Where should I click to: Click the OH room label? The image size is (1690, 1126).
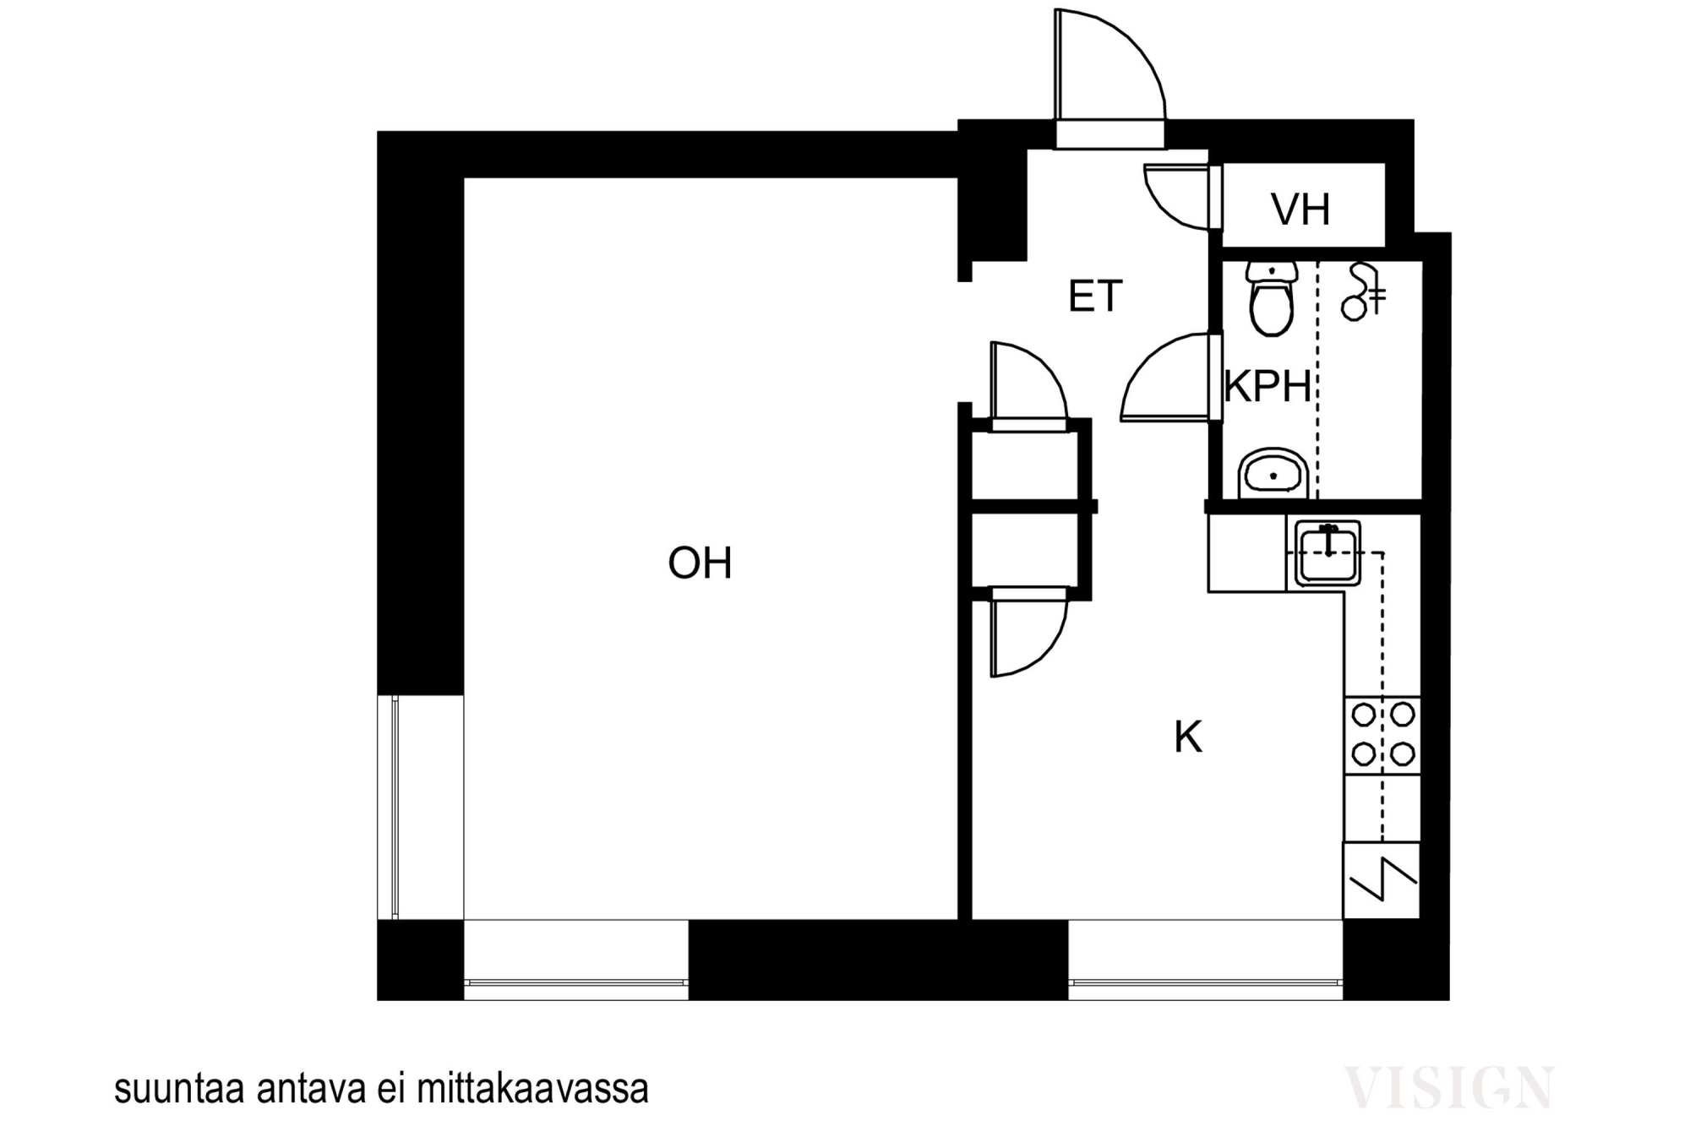tap(700, 563)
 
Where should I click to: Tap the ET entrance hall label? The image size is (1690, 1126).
tap(1095, 296)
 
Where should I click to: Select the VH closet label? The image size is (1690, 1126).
tap(1301, 209)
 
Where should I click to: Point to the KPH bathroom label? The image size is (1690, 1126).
tap(1267, 387)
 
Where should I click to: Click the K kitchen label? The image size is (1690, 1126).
tap(1188, 737)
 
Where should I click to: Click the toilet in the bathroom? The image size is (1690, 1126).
tap(1272, 298)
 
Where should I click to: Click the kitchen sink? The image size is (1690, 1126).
tap(1328, 553)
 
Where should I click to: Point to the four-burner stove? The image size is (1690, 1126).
tap(1382, 735)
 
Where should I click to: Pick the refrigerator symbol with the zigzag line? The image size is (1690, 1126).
tap(1382, 880)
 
